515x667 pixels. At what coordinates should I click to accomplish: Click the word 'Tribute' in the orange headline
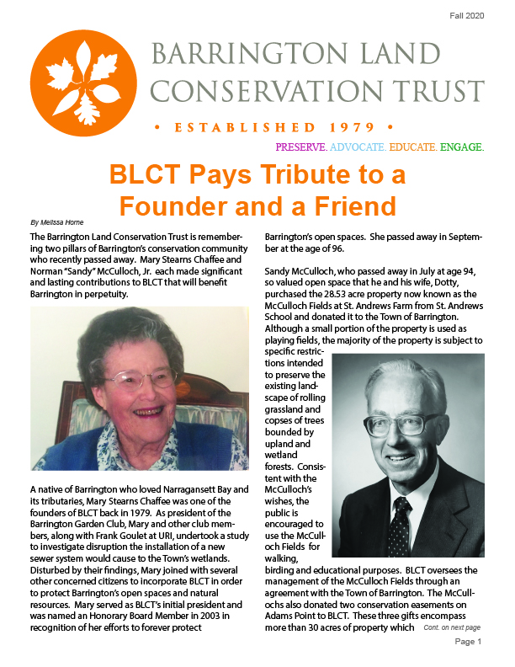(277, 175)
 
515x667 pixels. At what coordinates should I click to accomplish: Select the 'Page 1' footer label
(467, 641)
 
